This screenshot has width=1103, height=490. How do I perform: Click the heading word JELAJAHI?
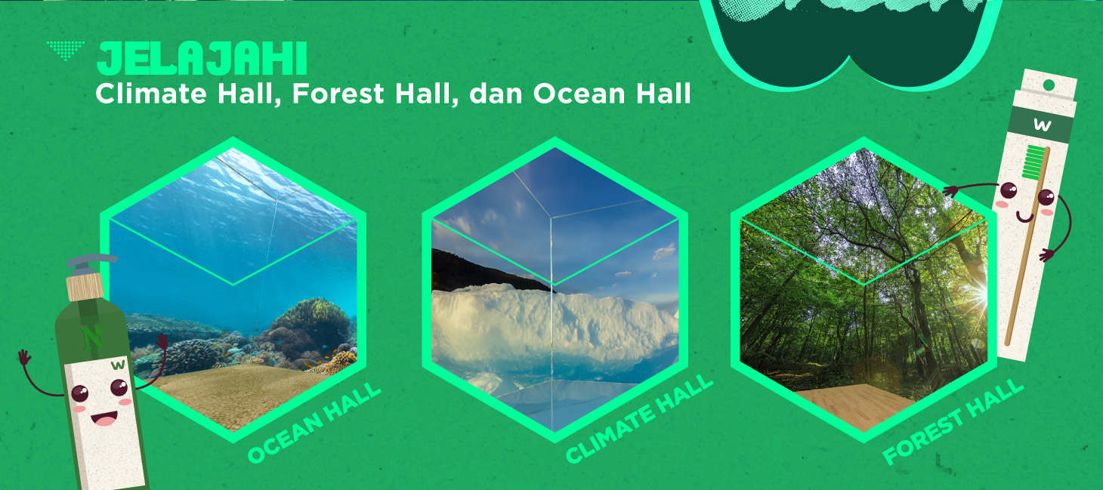coord(202,59)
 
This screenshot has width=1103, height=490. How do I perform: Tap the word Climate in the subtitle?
coord(150,94)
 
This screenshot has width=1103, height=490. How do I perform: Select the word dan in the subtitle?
coord(496,94)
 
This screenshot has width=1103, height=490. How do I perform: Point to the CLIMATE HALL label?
coord(639,419)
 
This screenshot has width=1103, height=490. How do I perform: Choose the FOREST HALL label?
coord(953,422)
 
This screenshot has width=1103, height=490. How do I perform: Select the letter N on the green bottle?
coord(92,338)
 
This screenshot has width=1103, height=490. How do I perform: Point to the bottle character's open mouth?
coord(104,419)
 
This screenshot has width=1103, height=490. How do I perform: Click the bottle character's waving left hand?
coord(24,356)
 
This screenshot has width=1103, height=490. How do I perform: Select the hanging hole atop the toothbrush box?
coord(1049,85)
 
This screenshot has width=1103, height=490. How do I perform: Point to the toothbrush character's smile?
coord(1025,217)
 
